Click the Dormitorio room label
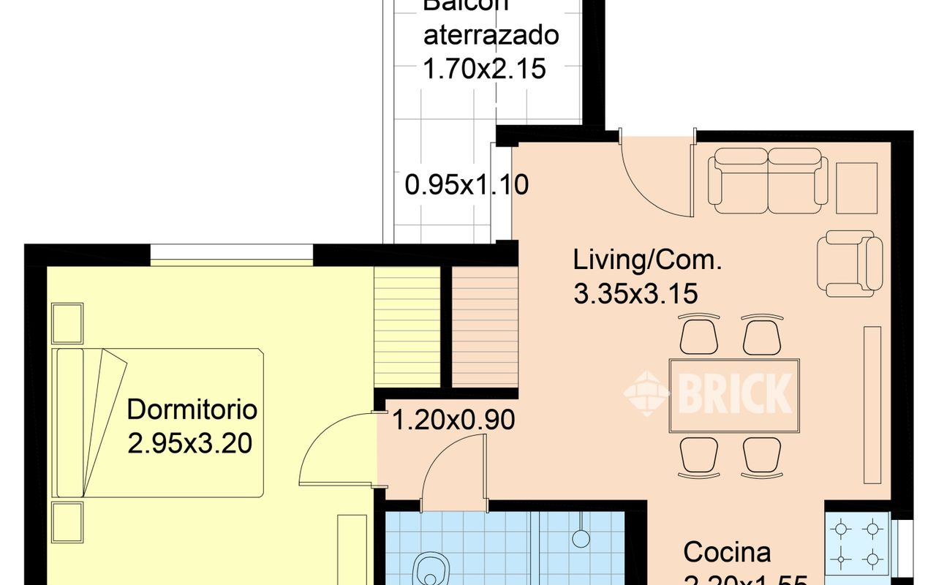[192, 409]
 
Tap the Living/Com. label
[647, 260]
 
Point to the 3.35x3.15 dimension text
[635, 294]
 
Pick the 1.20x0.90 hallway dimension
[453, 420]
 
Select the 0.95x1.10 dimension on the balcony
[467, 185]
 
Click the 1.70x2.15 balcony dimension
[484, 69]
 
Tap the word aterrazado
[491, 35]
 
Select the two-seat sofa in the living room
[768, 180]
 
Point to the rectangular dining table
[734, 396]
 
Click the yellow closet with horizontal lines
[407, 326]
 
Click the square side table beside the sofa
[856, 188]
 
